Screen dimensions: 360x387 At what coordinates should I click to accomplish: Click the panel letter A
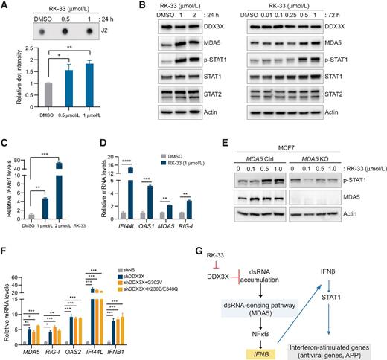[5, 6]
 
